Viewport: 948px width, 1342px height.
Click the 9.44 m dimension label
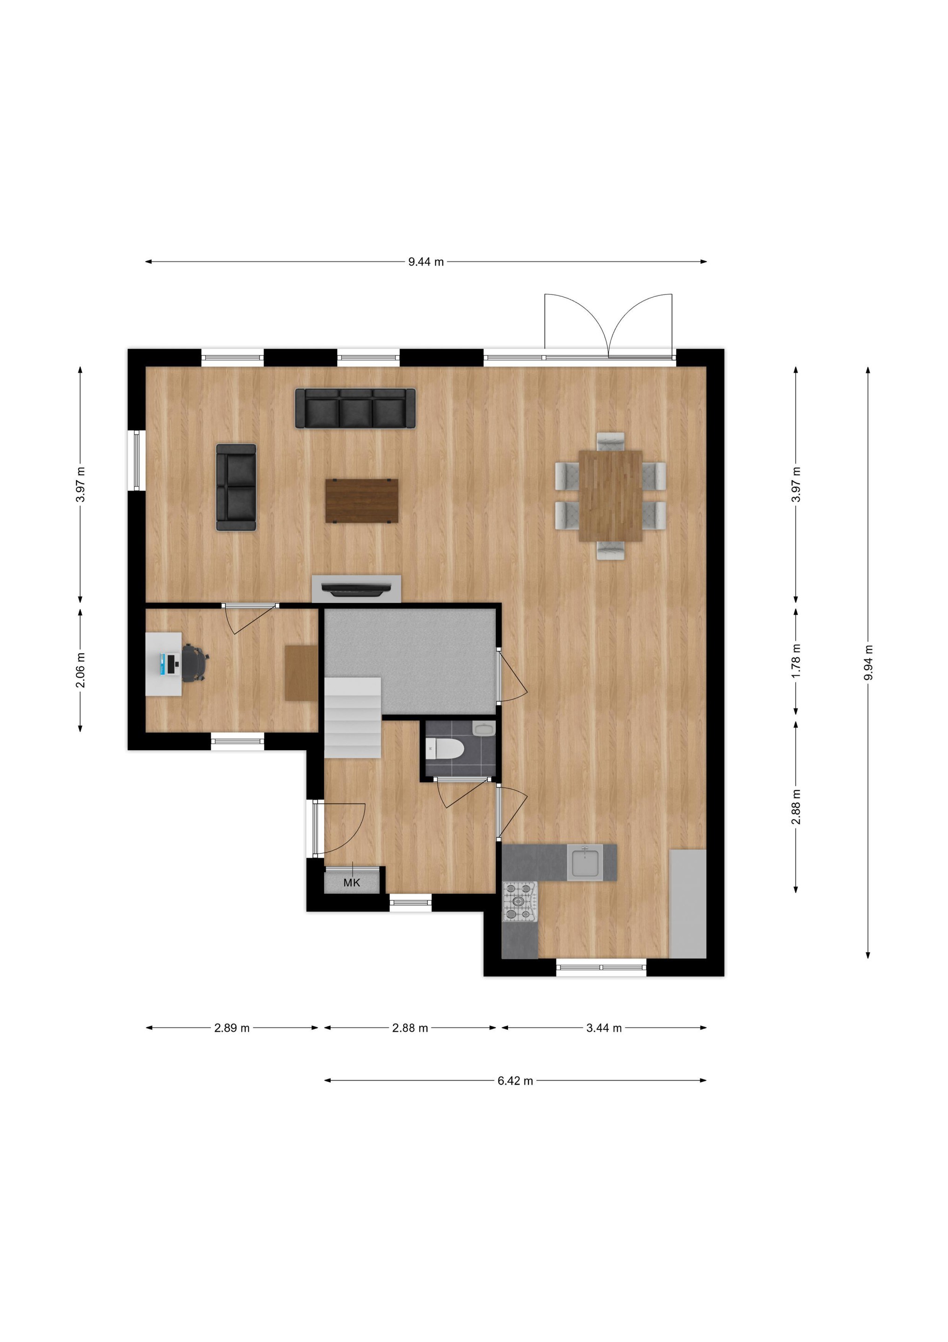[x=426, y=262]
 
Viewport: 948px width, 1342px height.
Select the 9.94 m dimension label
[x=868, y=662]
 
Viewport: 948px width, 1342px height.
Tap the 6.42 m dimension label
[x=515, y=1081]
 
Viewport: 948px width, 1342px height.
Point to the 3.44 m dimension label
[x=604, y=1027]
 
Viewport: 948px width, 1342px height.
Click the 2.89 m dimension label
[x=232, y=1027]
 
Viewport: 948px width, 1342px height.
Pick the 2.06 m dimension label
[x=81, y=670]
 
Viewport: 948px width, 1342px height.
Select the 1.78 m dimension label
[x=796, y=660]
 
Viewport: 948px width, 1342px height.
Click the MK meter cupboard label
[x=352, y=883]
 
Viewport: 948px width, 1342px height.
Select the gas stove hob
[x=520, y=901]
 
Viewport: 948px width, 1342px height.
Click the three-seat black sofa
[x=355, y=409]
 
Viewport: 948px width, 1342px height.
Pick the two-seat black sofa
[x=236, y=487]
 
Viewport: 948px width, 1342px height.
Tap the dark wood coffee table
[x=362, y=501]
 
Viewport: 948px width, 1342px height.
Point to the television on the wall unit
[x=356, y=589]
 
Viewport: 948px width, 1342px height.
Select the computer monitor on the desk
[x=170, y=664]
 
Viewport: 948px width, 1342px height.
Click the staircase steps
[x=353, y=718]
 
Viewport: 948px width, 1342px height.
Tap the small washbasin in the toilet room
[x=484, y=729]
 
